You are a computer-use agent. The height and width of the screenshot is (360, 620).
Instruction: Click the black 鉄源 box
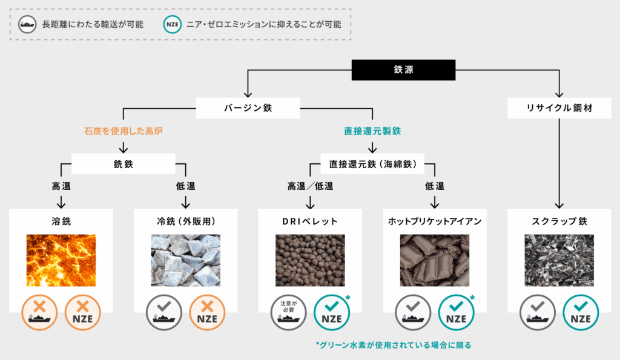(403, 70)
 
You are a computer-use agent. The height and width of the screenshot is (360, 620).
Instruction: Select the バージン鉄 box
(248, 108)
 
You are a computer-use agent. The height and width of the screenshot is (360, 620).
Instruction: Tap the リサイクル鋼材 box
(559, 108)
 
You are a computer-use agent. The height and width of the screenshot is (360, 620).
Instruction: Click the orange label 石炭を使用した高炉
(124, 131)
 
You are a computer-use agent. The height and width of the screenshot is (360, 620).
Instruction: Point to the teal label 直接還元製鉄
(372, 131)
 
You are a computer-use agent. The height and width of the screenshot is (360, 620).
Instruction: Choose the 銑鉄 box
(124, 164)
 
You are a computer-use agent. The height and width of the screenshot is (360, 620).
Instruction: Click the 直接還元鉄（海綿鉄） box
(372, 164)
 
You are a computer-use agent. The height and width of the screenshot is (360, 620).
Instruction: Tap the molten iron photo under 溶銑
(61, 260)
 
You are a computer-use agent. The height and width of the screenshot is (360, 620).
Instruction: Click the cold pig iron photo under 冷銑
(186, 260)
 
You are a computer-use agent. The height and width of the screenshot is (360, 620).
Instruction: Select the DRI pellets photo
(311, 260)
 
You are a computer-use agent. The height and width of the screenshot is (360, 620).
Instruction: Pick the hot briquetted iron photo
(435, 260)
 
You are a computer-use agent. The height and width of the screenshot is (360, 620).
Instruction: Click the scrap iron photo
(559, 260)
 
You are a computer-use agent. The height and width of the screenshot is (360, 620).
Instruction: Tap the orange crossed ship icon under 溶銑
(39, 313)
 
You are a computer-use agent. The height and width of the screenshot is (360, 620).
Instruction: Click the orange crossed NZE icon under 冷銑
(207, 313)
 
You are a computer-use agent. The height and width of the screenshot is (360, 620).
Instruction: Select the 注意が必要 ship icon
(289, 313)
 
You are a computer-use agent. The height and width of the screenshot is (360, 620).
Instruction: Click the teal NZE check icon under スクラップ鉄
(581, 313)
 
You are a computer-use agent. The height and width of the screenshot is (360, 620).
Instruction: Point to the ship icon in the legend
(27, 24)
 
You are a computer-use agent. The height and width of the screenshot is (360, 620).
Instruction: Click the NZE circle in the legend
(173, 24)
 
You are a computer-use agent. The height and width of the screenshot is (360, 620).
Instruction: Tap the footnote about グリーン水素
(394, 345)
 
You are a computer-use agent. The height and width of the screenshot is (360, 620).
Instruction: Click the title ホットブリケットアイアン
(435, 221)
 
